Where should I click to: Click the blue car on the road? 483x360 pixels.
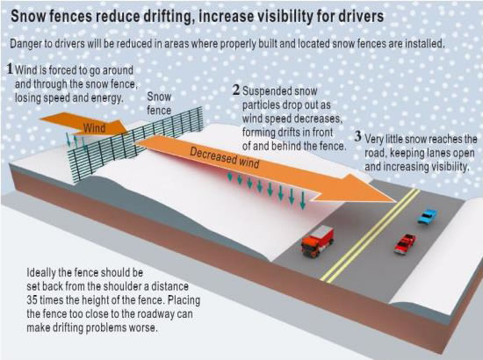428,217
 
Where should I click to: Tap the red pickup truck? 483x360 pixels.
405,243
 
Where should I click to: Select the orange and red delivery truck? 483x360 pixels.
317,241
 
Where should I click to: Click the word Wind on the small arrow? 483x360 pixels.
94,128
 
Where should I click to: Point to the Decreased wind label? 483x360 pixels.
225,158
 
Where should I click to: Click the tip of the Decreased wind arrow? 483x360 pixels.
396,202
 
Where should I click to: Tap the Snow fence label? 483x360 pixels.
159,104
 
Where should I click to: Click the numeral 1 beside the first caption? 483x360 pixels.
11,68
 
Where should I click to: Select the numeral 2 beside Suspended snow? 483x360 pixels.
236,90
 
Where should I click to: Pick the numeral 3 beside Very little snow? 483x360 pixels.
357,136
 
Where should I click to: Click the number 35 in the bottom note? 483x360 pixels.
32,300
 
